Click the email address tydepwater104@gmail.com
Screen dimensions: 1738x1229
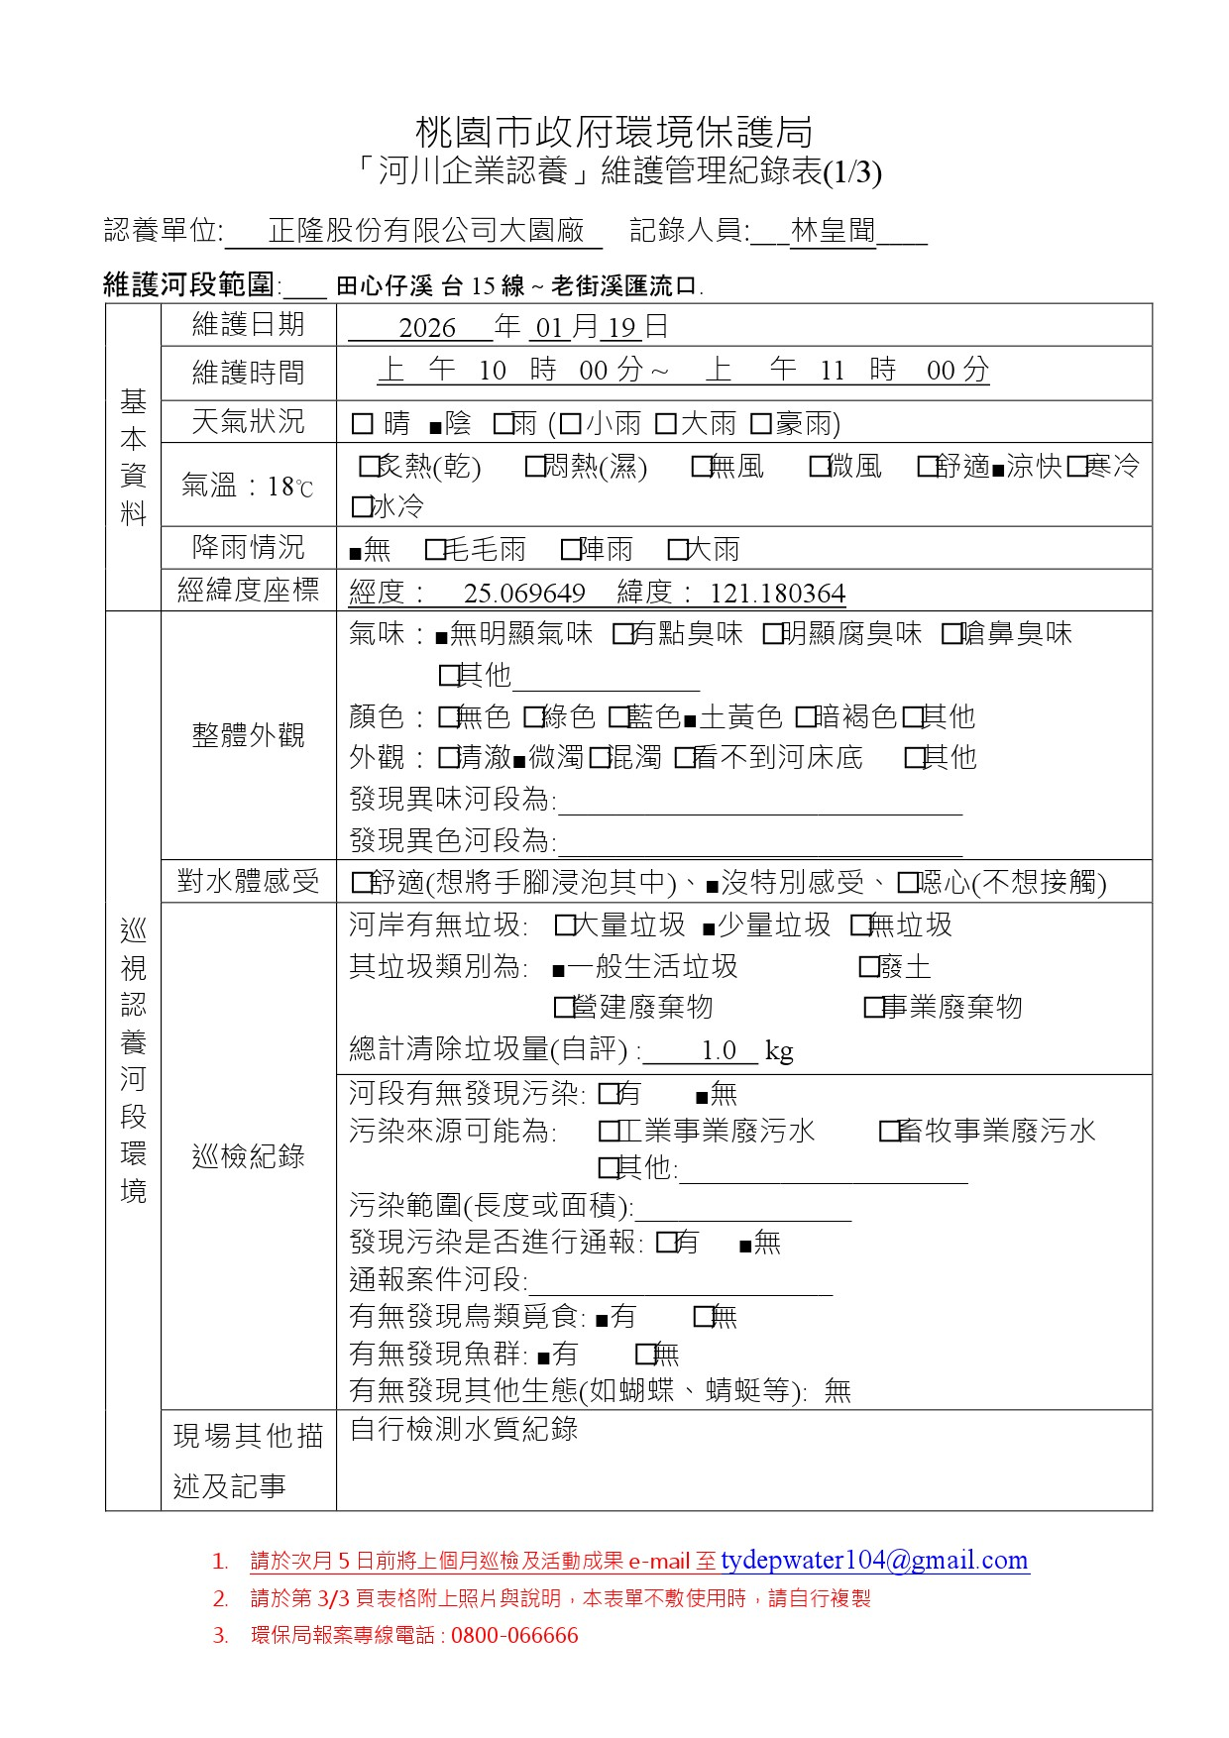point(874,1561)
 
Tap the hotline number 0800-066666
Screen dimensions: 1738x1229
point(514,1636)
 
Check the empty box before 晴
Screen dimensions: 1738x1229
point(362,425)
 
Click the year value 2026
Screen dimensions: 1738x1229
point(427,328)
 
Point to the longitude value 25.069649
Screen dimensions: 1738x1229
point(524,594)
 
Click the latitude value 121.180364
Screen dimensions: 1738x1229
point(778,594)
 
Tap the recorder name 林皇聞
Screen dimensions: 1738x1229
point(834,231)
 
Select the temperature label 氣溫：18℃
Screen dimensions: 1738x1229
point(248,487)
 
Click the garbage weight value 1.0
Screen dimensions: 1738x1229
point(719,1050)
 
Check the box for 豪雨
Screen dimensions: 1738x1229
point(761,425)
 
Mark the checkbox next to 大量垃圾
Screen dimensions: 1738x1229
point(565,926)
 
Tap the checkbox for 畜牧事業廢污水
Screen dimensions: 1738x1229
point(889,1132)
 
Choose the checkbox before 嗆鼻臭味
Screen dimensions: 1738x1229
point(951,634)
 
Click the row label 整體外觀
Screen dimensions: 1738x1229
point(248,735)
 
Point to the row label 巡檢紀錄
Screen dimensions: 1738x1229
point(248,1156)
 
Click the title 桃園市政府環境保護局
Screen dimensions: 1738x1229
point(614,132)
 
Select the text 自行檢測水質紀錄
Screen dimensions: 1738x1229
point(464,1429)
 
